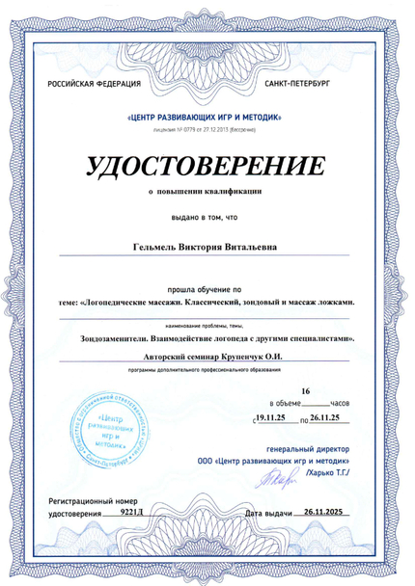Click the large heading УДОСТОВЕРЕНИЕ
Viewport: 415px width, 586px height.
point(207,165)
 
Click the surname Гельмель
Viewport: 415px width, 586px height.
point(156,246)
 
